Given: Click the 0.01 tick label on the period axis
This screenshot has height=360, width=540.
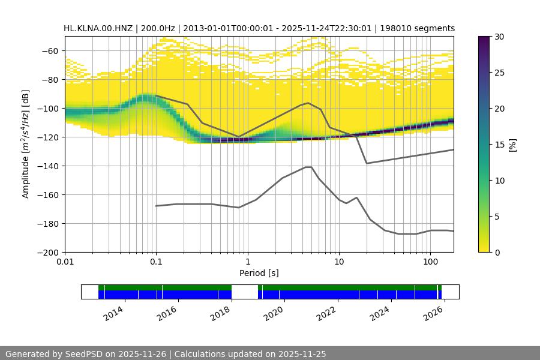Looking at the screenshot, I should (65, 262).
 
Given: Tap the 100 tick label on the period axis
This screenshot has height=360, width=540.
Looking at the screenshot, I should (430, 262).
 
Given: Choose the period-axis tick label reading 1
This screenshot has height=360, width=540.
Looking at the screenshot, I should (247, 262).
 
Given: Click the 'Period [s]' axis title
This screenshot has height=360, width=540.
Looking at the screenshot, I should (259, 273).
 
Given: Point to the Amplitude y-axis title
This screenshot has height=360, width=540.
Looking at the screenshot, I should (26, 144).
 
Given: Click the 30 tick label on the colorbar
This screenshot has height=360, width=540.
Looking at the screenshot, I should (500, 37).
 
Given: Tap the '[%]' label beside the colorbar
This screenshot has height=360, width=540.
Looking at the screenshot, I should (512, 145).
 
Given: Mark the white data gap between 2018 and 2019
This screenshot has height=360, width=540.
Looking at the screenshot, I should (245, 292).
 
